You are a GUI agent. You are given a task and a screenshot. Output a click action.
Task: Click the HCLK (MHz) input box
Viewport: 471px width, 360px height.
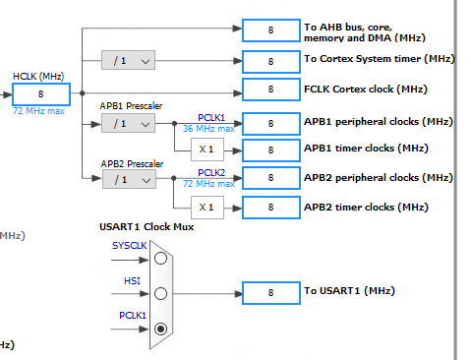[40, 94]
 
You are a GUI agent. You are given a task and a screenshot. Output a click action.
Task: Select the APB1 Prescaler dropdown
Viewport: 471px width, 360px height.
[128, 123]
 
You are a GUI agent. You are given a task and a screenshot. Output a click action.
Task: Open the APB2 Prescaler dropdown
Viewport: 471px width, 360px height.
[128, 179]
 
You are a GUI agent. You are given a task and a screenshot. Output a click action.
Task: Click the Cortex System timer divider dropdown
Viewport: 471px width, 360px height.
[128, 61]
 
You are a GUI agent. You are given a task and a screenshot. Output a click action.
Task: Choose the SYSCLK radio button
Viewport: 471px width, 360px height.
[160, 258]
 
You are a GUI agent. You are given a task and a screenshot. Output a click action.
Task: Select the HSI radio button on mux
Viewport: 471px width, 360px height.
[160, 293]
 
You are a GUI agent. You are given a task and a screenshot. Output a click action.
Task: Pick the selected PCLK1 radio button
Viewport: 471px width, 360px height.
[160, 329]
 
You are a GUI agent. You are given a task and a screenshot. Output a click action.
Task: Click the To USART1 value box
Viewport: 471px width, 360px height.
[270, 293]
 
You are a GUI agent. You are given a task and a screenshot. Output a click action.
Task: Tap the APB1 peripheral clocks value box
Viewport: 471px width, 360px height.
[270, 123]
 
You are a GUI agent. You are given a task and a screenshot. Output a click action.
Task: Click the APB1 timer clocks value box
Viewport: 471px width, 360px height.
[270, 150]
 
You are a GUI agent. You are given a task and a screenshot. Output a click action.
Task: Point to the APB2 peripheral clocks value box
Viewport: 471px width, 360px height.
[270, 179]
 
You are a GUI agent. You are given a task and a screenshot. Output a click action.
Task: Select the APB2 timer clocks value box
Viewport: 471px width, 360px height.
[270, 208]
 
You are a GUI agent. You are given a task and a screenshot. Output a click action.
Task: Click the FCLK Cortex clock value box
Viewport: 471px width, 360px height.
[270, 90]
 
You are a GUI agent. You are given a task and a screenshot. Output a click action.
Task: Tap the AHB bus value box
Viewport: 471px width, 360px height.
[270, 30]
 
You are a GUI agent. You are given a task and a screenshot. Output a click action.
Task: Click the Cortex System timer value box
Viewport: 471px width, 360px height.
[270, 61]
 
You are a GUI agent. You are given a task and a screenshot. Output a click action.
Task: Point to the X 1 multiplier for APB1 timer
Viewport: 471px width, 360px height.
[206, 150]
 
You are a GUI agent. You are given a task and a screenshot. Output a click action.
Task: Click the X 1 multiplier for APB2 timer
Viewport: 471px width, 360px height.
[206, 208]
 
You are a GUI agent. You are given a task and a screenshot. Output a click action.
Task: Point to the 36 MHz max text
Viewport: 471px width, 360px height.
[208, 128]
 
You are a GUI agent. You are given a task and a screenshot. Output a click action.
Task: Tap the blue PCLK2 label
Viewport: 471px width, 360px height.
[211, 172]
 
